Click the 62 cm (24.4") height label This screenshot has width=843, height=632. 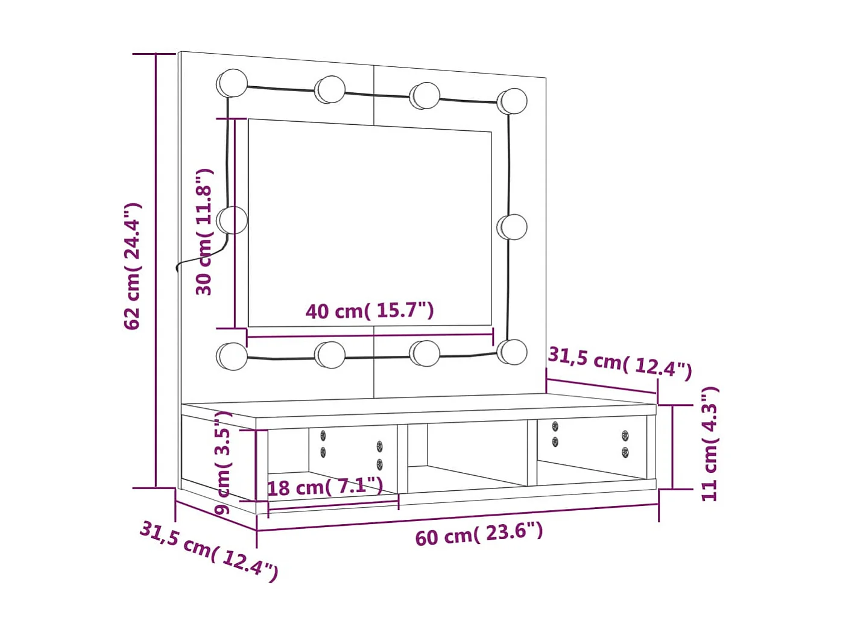tap(133, 266)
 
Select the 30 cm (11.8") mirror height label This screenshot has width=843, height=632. tap(204, 232)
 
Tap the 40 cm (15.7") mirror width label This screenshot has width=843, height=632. tap(370, 311)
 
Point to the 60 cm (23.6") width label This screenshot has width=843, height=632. tap(479, 534)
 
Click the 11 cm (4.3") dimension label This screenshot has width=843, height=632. tap(710, 444)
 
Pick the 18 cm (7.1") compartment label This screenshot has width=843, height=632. tap(325, 486)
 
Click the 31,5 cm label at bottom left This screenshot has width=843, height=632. tap(209, 551)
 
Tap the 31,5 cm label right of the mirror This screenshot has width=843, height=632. tap(620, 362)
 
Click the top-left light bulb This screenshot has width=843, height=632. tap(232, 83)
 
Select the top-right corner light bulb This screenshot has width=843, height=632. tap(513, 101)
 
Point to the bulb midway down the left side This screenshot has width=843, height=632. tap(232, 220)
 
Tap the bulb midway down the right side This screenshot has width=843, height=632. tap(513, 227)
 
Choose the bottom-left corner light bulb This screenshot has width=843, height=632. tap(232, 356)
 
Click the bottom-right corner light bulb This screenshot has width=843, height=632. tap(513, 352)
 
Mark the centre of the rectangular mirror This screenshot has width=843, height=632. tap(370, 223)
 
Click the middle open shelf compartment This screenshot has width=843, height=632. tap(467, 455)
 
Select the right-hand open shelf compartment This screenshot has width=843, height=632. tap(591, 452)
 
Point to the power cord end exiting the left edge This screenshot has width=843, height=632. tap(178, 268)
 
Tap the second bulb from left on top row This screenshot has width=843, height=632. tap(330, 89)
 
